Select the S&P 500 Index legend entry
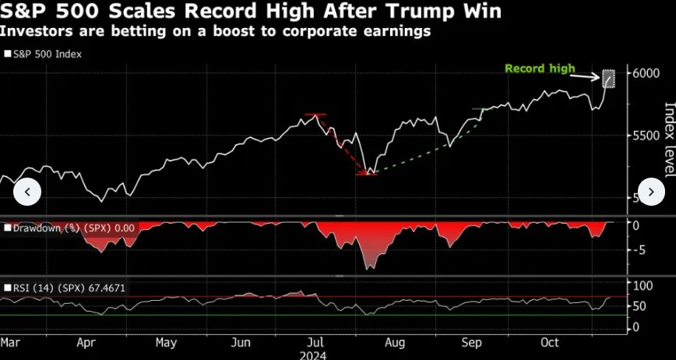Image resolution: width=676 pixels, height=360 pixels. (48, 55)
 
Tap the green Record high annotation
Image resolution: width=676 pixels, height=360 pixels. (540, 69)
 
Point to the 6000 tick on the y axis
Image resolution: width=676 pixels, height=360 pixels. (646, 73)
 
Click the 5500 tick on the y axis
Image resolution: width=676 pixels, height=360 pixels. (646, 136)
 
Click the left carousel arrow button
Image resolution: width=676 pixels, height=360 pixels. (27, 192)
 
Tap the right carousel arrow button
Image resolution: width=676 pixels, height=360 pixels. (650, 192)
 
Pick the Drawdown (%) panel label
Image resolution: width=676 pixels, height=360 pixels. (70, 228)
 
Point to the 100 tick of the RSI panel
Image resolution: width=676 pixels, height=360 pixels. (641, 286)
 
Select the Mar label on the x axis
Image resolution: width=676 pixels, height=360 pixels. (10, 342)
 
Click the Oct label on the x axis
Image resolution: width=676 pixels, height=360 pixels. (551, 342)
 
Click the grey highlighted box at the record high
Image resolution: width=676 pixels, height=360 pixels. (609, 79)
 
